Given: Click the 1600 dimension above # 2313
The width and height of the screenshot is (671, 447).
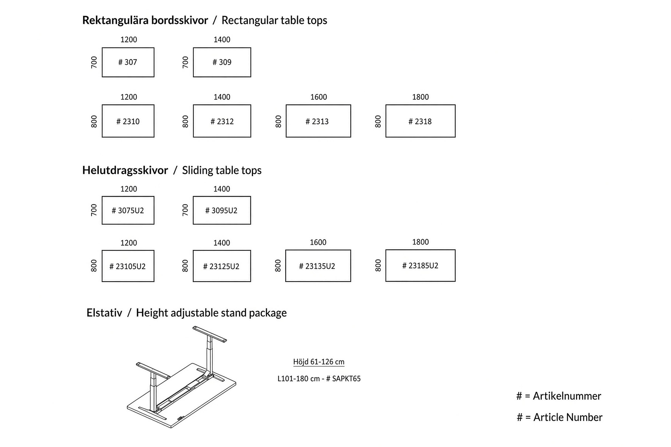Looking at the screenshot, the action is click(319, 97).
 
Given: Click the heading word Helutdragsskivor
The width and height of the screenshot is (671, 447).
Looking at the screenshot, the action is click(125, 170).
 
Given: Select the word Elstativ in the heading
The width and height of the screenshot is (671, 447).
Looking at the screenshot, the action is click(104, 313).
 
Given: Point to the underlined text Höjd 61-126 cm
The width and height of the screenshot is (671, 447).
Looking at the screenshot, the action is click(319, 362).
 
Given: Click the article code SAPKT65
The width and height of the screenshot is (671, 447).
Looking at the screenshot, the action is click(346, 379).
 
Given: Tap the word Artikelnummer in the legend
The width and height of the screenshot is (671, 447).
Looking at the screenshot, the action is click(567, 396).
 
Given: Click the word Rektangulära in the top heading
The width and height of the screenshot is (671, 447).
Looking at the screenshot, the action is click(116, 20).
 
